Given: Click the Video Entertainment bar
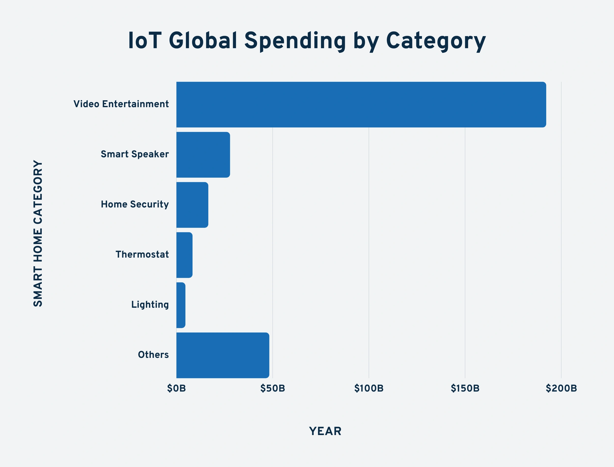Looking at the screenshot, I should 361,104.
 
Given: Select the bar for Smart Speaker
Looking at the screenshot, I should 203,155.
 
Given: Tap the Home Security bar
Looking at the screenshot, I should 192,205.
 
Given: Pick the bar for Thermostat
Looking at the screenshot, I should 184,255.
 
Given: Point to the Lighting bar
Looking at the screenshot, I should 181,305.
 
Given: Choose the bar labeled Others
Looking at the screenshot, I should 223,355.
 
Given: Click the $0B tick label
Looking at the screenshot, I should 176,388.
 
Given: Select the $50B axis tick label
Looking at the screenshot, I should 272,388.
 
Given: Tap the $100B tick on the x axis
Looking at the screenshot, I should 369,388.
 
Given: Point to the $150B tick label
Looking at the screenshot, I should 465,388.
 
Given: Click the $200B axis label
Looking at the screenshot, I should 561,388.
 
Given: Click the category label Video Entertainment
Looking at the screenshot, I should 121,104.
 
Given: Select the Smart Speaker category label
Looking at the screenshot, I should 135,154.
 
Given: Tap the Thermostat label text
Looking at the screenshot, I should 142,254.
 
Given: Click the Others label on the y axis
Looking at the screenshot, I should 153,355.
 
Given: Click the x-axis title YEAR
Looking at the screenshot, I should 325,431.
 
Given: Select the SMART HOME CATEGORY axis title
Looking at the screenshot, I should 38,233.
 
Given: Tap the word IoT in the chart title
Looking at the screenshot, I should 145,41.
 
